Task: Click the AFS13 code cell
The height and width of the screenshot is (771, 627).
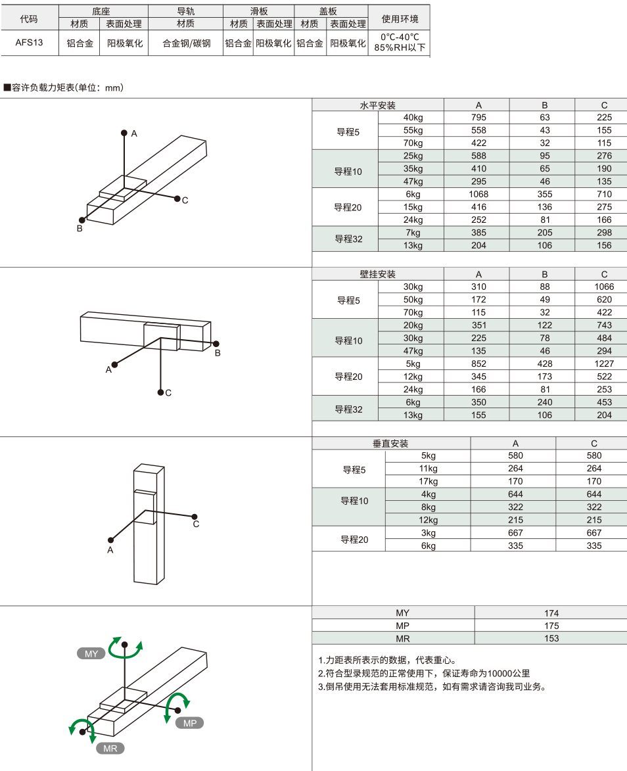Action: (x=29, y=43)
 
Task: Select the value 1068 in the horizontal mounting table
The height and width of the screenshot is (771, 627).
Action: (x=478, y=194)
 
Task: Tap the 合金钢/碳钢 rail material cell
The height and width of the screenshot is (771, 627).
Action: (x=187, y=43)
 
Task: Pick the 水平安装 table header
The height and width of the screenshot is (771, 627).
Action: (x=378, y=105)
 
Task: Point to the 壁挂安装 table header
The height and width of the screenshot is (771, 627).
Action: (x=378, y=274)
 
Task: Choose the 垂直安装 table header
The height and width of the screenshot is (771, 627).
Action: (x=390, y=444)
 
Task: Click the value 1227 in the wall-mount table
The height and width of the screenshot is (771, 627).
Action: (x=604, y=364)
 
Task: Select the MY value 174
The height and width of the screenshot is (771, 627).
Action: (x=551, y=613)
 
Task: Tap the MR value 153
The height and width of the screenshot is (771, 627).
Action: (x=551, y=638)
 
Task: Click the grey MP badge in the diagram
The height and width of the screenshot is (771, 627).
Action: (x=190, y=723)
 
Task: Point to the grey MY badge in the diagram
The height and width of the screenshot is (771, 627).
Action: (x=91, y=653)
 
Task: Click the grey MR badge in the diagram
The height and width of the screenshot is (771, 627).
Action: (x=110, y=749)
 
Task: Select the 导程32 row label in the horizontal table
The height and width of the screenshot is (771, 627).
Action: (x=348, y=239)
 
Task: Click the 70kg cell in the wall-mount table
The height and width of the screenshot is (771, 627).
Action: (x=413, y=312)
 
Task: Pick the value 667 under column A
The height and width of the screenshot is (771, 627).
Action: (x=515, y=533)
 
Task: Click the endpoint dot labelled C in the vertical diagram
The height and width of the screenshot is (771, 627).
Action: (x=195, y=517)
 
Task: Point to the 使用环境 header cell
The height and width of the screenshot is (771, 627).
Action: (x=400, y=18)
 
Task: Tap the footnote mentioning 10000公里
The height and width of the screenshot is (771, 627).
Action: (x=424, y=674)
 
